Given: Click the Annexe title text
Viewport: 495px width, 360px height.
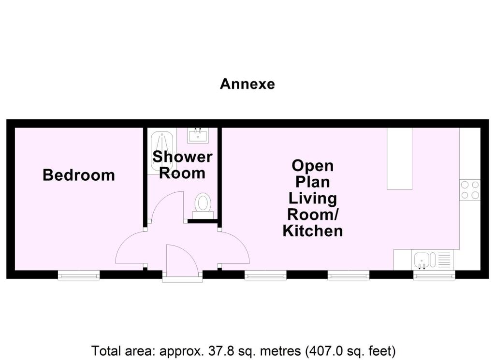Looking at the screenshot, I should coord(247,84).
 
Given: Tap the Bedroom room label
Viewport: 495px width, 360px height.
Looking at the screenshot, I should coord(79,174).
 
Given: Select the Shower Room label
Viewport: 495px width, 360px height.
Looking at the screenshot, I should coord(182,165).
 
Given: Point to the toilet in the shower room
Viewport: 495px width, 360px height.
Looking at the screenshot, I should coord(203,203).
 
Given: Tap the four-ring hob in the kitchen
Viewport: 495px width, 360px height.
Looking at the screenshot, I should coord(469,189).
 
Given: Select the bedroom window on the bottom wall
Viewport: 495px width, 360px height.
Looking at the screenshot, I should coord(79,275).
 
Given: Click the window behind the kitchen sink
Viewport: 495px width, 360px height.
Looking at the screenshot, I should coord(434,275).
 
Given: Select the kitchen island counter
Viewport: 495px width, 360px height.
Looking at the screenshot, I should coord(399,158).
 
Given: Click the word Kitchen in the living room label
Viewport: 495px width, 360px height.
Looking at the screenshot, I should coord(313,231).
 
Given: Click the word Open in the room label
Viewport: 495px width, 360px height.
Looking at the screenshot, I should coord(313,166).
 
